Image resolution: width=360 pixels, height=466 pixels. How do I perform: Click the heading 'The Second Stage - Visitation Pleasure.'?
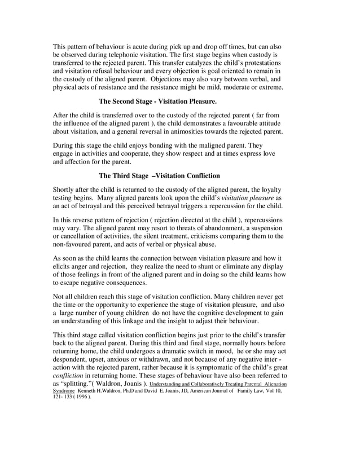click(x=157, y=102)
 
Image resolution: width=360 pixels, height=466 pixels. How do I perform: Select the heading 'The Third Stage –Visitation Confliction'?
click(x=159, y=175)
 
